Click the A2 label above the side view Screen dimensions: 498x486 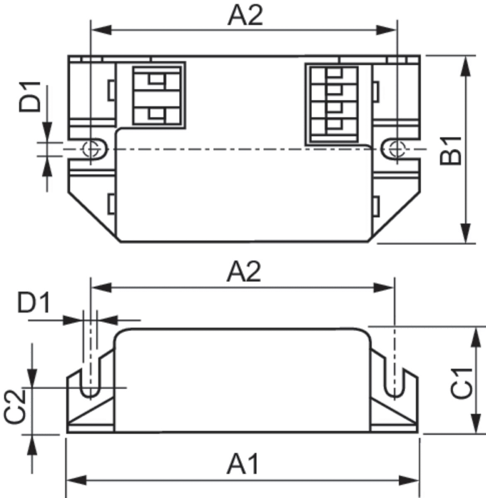(244, 272)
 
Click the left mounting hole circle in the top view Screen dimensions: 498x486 (90, 149)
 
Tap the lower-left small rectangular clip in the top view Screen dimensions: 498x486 (111, 204)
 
